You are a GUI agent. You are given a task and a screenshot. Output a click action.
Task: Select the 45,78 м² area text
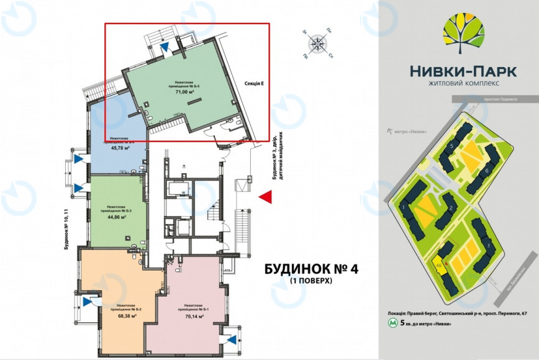(119, 149)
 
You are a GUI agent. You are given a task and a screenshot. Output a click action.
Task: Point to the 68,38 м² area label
(127, 315)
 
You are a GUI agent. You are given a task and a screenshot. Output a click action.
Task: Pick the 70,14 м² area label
(191, 316)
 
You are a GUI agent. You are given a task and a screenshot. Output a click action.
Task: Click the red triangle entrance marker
(266, 197)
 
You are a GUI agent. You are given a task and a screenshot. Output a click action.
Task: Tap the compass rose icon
(317, 43)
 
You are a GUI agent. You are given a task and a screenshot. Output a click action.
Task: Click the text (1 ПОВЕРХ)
(312, 281)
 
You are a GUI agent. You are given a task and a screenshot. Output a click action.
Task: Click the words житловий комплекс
(463, 83)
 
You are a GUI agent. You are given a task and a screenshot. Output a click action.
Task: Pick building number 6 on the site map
(487, 170)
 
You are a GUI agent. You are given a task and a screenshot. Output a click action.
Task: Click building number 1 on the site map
(404, 206)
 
